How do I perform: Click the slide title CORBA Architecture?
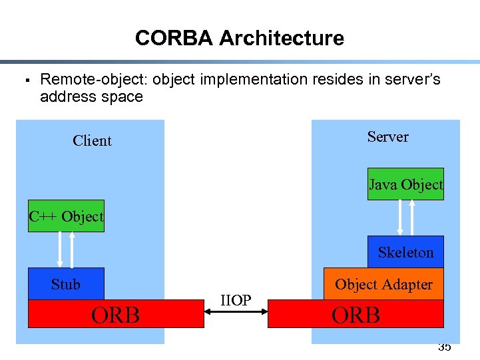pos(239,38)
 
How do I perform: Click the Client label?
pos(92,140)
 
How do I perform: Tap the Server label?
pos(387,136)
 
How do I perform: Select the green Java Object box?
pos(405,184)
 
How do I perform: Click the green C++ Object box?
pos(66,216)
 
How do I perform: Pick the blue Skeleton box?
pos(405,252)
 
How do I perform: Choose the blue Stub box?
pos(66,284)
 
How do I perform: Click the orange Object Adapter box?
pos(383,284)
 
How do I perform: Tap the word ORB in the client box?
pos(116,315)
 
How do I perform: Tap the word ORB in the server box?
pos(356,315)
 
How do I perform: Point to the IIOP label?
pos(236,301)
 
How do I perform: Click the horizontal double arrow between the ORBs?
pos(236,313)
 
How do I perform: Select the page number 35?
pos(444,347)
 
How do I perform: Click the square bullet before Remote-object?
pos(23,81)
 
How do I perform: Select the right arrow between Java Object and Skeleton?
pos(413,217)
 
